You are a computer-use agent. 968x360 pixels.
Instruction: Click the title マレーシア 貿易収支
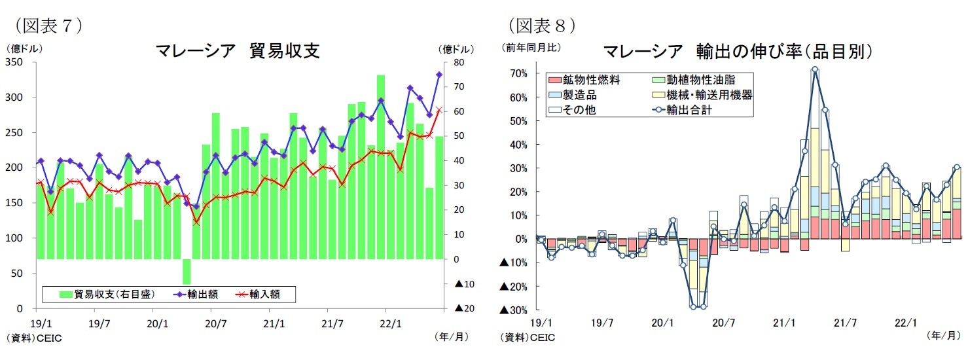point(237,51)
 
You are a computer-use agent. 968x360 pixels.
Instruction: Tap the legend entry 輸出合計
point(689,110)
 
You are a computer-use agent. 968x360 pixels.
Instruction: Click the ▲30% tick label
point(514,310)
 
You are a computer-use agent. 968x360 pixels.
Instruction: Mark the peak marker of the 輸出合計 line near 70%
point(814,69)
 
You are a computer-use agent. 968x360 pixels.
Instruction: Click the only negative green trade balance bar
point(187,272)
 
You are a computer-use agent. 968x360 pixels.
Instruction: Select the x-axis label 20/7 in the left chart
point(215,323)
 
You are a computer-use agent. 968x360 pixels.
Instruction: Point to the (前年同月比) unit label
point(531,47)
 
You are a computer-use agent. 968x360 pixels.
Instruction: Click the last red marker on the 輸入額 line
point(439,109)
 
